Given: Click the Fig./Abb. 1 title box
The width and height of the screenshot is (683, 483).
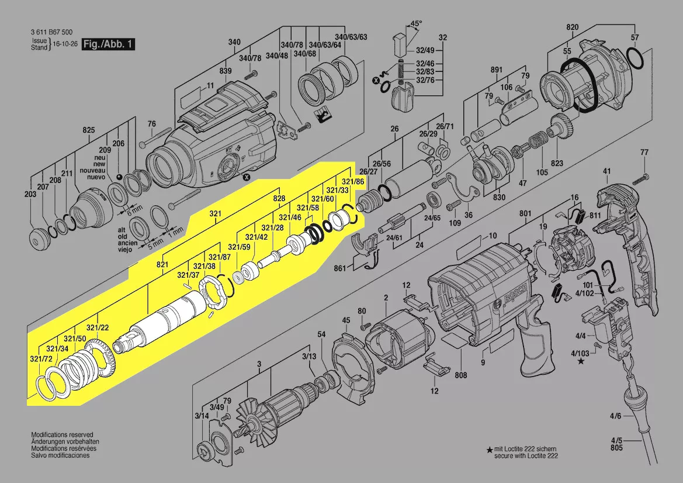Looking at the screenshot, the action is (x=109, y=44).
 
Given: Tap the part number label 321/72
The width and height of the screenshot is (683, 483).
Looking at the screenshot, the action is (x=41, y=359).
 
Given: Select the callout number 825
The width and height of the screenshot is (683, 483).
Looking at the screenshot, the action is (x=88, y=130).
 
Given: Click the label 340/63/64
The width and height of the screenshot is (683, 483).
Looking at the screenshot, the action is (x=325, y=45).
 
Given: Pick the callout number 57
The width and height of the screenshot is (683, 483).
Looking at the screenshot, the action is (x=635, y=37).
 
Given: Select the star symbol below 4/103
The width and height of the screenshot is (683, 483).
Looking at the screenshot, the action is (x=581, y=361).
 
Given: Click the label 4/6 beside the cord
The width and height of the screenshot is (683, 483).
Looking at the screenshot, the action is (x=615, y=416).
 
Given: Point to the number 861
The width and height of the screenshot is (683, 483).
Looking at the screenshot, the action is (x=340, y=268).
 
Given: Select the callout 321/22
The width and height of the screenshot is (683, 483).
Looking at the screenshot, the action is (x=98, y=328).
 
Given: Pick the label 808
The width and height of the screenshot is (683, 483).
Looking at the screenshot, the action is (x=461, y=375).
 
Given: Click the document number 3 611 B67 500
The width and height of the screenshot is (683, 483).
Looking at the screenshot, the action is (x=51, y=32).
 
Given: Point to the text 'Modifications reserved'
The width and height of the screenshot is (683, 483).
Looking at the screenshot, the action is (x=62, y=434).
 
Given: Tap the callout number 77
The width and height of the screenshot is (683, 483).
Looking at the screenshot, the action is (x=644, y=152).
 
